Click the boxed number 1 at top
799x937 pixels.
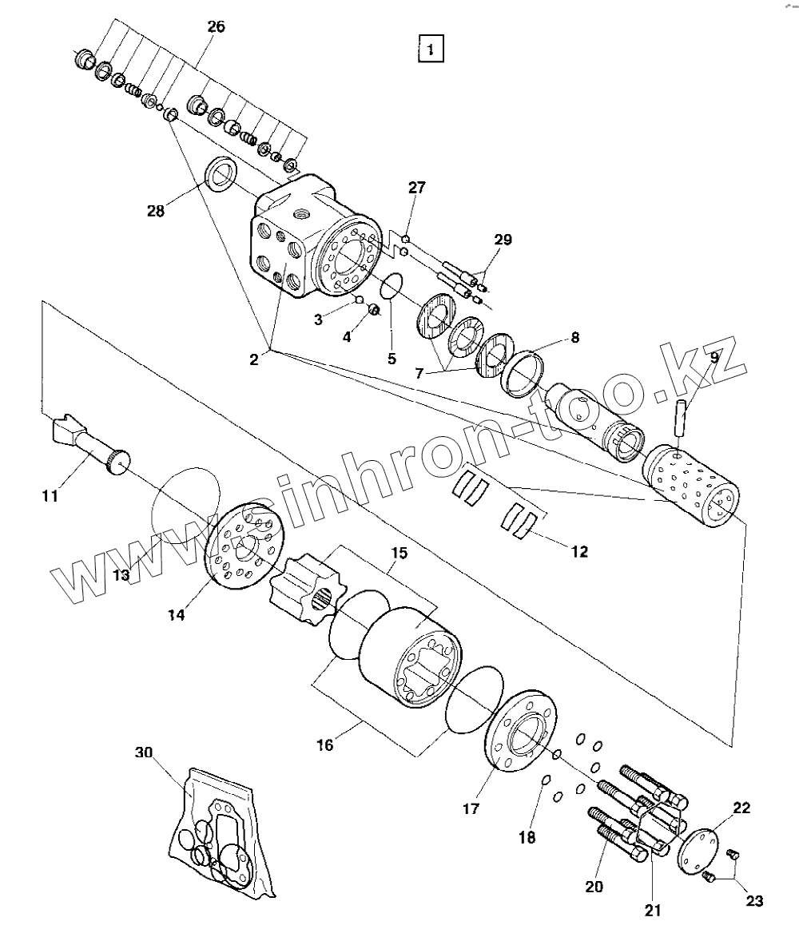click(x=431, y=50)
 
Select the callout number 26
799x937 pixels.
click(x=216, y=27)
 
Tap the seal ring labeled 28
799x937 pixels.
click(x=221, y=173)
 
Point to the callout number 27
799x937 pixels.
click(x=417, y=188)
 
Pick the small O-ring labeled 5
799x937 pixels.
click(x=391, y=287)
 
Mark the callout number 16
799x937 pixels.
click(x=324, y=745)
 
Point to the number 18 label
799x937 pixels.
click(x=527, y=837)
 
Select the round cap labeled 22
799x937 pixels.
click(x=696, y=850)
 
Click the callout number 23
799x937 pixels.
click(x=755, y=901)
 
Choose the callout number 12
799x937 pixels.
click(x=579, y=550)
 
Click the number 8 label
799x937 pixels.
click(x=574, y=337)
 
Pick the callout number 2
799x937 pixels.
click(x=253, y=359)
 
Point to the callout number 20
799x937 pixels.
click(x=594, y=885)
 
